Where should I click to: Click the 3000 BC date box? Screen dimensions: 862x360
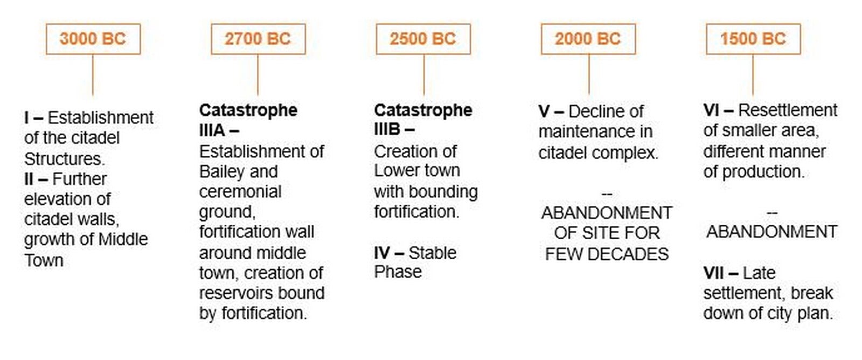click(x=93, y=39)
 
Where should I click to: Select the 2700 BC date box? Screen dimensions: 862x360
click(x=258, y=39)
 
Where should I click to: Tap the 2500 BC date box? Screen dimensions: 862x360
click(x=423, y=39)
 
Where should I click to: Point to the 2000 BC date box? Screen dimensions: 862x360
click(x=588, y=39)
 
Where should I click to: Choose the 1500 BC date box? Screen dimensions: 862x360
click(x=754, y=39)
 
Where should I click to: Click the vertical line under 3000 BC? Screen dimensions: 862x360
click(x=93, y=75)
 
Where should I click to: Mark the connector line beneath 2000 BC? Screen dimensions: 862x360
click(x=589, y=74)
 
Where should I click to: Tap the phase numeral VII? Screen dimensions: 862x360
click(x=714, y=273)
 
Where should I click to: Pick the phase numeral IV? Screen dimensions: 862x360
click(x=381, y=253)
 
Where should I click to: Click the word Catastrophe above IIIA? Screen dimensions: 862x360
click(x=248, y=111)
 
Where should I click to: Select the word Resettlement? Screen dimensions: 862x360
click(x=788, y=110)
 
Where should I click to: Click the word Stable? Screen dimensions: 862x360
click(x=433, y=253)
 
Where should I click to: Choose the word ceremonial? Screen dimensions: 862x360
click(x=240, y=192)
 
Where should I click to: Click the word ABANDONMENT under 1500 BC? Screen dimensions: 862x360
click(x=772, y=232)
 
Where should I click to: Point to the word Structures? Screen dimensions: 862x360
click(x=64, y=159)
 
